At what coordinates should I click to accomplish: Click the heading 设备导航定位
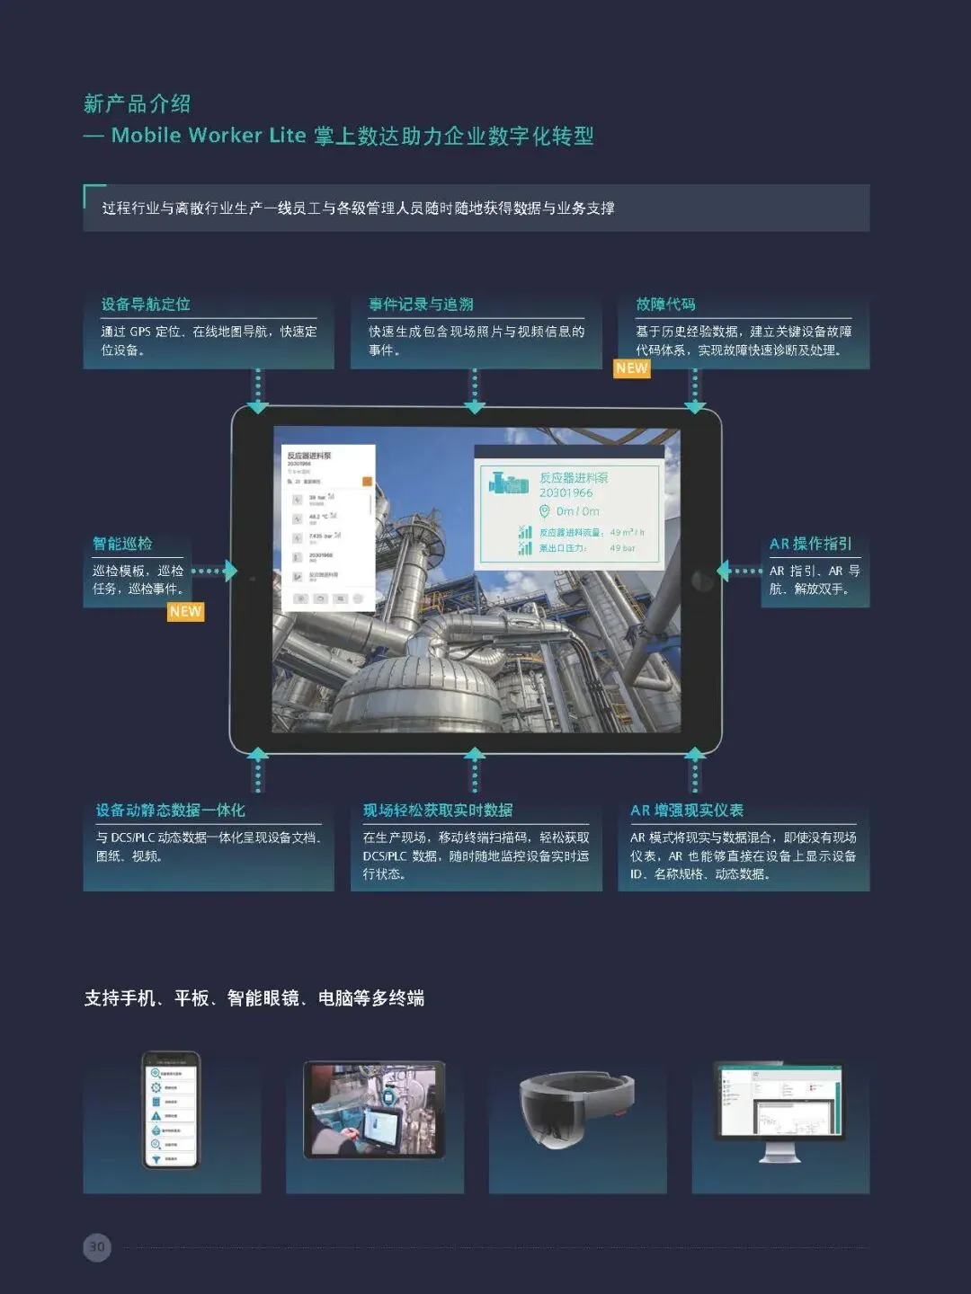tap(146, 305)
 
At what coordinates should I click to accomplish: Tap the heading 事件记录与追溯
tap(421, 305)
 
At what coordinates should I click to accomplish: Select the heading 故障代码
tap(665, 305)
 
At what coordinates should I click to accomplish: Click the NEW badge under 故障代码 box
tap(631, 368)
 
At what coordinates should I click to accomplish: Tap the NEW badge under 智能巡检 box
tap(185, 612)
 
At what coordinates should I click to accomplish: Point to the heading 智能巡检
tap(122, 544)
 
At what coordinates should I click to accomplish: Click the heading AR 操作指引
tap(810, 544)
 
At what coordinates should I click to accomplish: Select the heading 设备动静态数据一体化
tap(171, 811)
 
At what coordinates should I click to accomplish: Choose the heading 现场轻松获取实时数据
tap(438, 811)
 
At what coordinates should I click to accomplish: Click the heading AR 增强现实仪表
tap(687, 811)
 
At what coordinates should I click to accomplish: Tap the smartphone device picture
tap(171, 1111)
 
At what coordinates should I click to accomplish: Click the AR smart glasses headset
tap(576, 1107)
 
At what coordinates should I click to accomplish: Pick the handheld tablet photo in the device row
tap(375, 1109)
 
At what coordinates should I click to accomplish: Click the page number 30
tap(97, 1246)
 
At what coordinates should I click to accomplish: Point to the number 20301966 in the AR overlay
tap(566, 492)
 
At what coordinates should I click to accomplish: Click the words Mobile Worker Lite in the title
tap(209, 136)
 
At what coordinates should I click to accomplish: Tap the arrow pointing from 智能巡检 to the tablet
tap(214, 571)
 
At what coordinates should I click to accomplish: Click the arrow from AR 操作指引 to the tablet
tap(739, 571)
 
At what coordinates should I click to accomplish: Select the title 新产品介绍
tap(137, 103)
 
